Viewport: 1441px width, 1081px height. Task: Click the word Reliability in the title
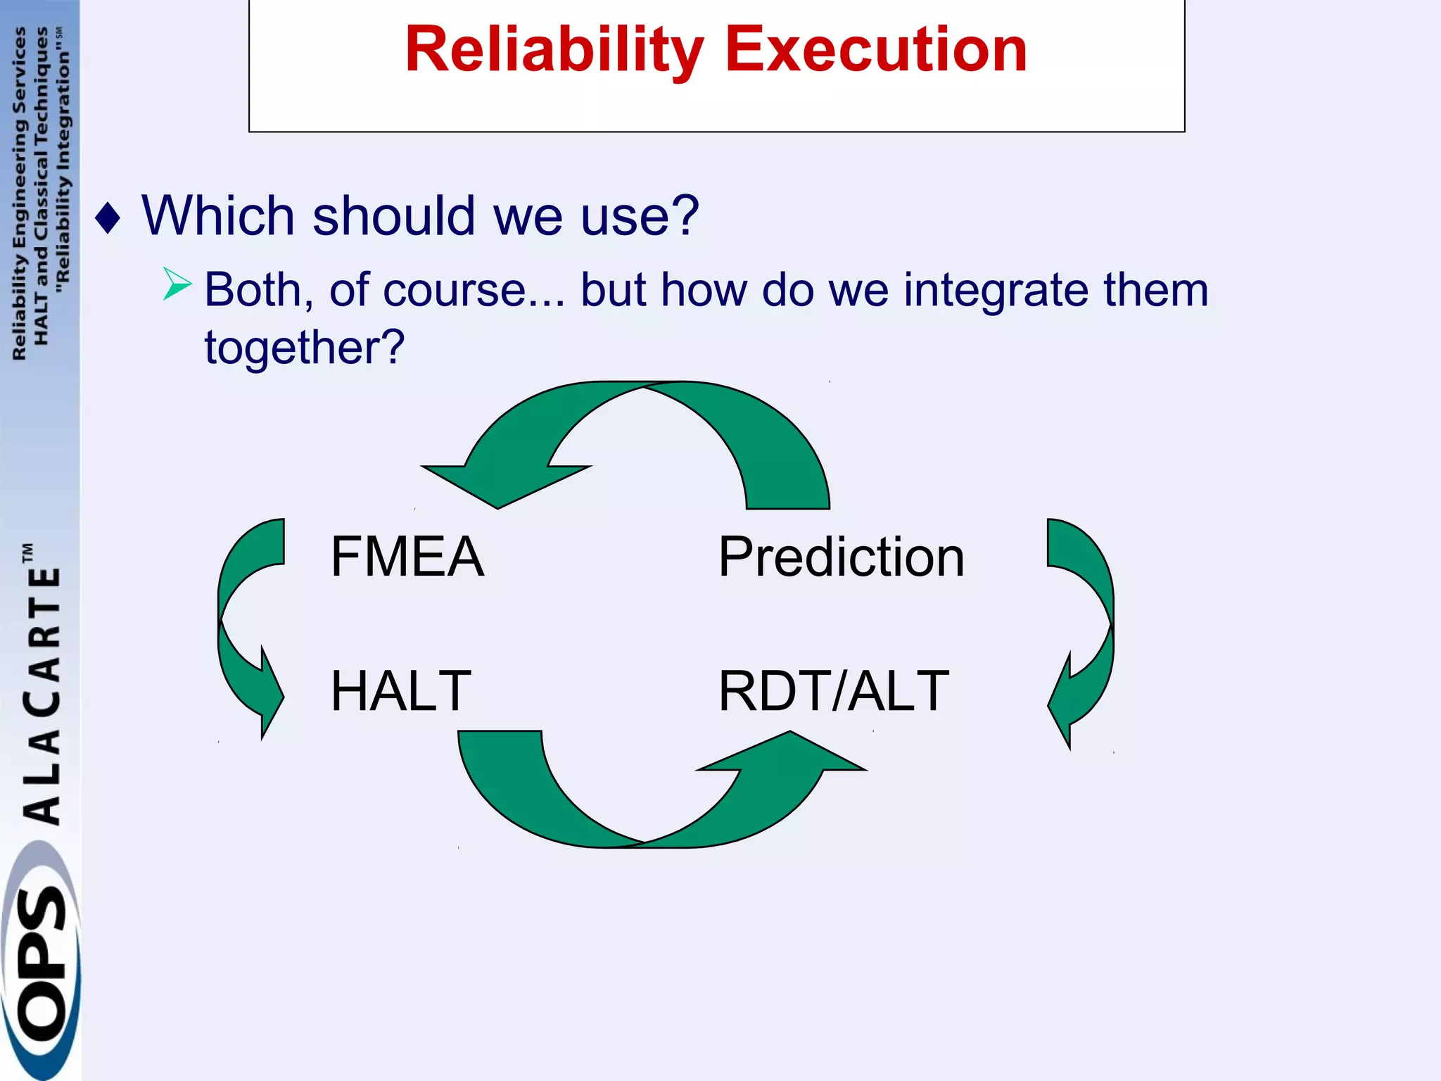coord(554,51)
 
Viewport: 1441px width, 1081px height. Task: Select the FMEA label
coord(407,557)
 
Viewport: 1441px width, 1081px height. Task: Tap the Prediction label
coord(841,557)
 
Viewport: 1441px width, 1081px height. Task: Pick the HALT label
coord(400,691)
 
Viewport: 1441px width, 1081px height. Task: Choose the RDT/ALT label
coord(833,691)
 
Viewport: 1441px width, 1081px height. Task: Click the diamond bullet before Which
coord(108,218)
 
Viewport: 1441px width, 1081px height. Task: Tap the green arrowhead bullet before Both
coord(176,284)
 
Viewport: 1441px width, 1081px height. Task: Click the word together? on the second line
coord(305,348)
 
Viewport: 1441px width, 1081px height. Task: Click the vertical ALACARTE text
coord(42,697)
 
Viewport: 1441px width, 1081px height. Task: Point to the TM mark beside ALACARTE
coord(28,552)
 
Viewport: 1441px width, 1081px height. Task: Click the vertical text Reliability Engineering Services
coord(19,194)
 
